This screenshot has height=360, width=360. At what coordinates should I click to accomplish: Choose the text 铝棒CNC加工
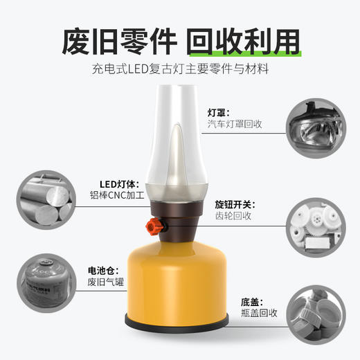116,197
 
